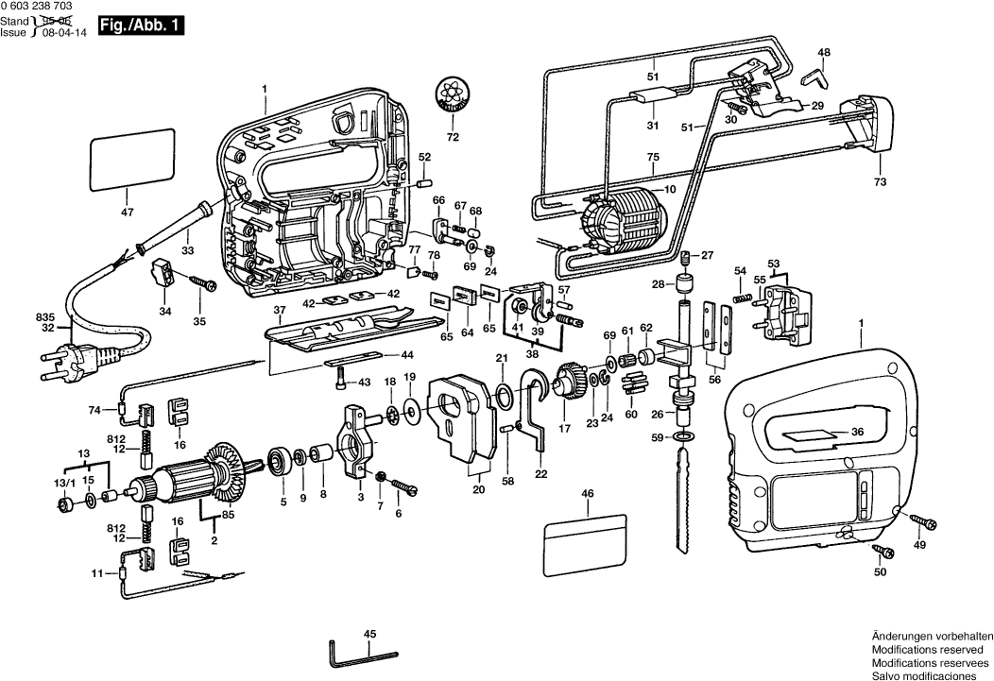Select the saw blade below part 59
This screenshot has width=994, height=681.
click(683, 501)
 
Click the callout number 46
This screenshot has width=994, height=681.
click(588, 494)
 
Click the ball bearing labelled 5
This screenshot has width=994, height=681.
click(281, 460)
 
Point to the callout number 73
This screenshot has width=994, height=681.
click(881, 181)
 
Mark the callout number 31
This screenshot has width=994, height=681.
click(652, 126)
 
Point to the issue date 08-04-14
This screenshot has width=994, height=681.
click(59, 31)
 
